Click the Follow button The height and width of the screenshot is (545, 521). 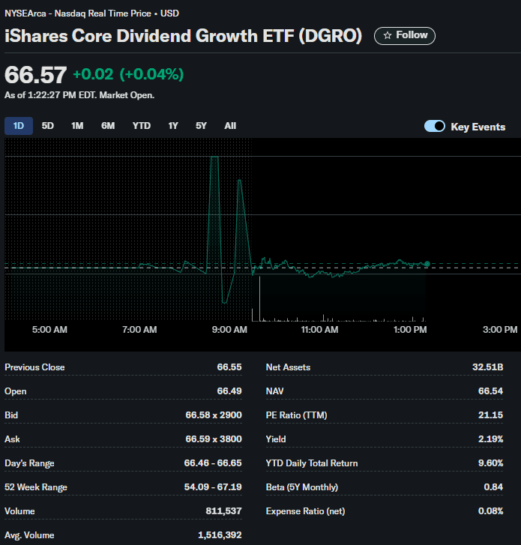click(405, 35)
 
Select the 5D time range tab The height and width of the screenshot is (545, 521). click(48, 126)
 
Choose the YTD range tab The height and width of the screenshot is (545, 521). click(141, 126)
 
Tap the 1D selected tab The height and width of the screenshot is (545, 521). click(19, 126)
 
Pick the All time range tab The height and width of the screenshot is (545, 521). click(230, 126)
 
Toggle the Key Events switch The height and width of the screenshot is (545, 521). click(435, 127)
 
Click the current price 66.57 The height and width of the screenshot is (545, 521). click(35, 75)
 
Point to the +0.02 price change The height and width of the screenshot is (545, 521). click(93, 75)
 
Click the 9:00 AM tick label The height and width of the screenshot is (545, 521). click(229, 330)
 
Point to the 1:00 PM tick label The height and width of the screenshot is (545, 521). click(410, 330)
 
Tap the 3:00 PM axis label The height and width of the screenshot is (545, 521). click(500, 330)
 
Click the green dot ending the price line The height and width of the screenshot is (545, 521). click(427, 264)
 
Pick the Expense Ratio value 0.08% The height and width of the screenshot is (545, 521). click(491, 511)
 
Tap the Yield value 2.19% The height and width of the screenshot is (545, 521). click(491, 439)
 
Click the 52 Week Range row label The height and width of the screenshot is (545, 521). click(36, 487)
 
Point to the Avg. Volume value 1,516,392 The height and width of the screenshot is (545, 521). click(220, 535)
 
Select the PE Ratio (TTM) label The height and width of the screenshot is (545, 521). click(297, 415)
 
